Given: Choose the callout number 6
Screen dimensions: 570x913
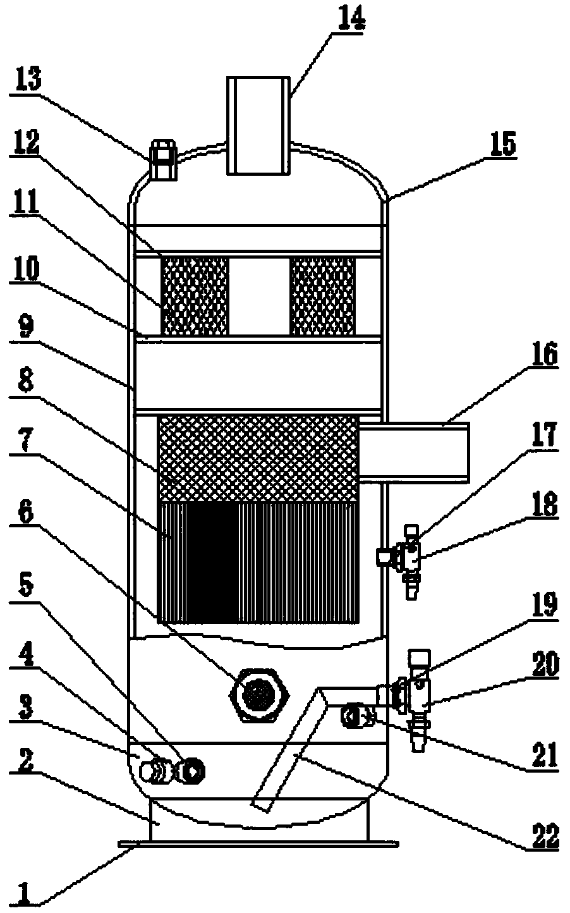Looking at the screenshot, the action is (x=26, y=517).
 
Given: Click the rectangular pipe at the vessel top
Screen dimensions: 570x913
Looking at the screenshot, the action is (x=258, y=126).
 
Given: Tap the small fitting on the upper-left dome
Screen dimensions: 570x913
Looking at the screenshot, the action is (x=163, y=160).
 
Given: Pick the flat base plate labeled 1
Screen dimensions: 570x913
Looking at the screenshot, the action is (x=258, y=843).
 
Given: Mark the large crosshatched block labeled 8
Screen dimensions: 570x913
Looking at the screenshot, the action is (x=258, y=458).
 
